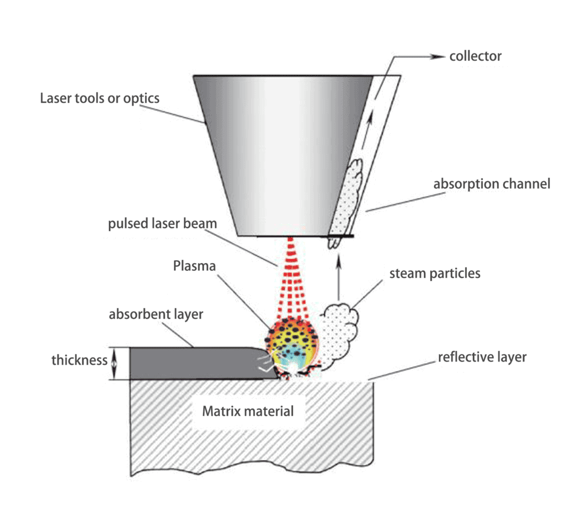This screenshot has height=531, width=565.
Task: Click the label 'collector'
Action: click(475, 56)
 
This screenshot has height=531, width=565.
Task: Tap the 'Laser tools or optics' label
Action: click(100, 98)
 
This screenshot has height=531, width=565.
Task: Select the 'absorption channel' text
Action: click(492, 183)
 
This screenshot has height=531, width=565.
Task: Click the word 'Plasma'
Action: click(194, 266)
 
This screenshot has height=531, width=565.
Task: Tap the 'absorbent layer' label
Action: click(156, 314)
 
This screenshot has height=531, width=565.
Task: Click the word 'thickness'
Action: click(79, 361)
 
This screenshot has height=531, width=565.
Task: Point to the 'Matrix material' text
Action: click(248, 411)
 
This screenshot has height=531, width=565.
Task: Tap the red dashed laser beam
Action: click(291, 276)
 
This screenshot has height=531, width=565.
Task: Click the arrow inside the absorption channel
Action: click(369, 119)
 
